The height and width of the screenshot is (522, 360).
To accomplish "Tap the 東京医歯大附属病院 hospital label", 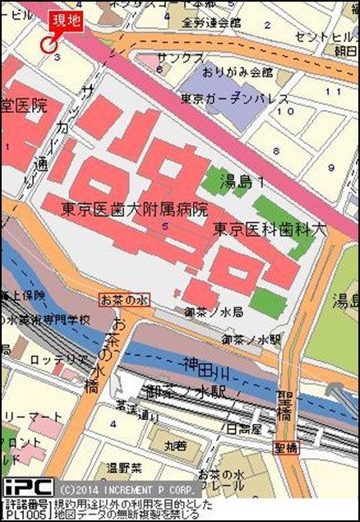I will (135, 209).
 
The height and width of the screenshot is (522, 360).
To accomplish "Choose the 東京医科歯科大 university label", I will (270, 229).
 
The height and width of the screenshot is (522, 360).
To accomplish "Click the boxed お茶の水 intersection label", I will (122, 301).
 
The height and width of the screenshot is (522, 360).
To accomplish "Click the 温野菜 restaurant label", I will (124, 469).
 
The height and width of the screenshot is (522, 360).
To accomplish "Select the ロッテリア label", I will (59, 359).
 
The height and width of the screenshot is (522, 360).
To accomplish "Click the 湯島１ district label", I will (246, 182).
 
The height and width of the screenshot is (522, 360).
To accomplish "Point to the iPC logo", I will (29, 487).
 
